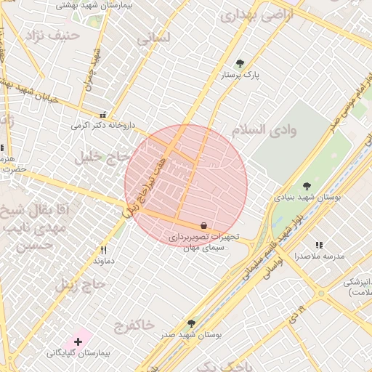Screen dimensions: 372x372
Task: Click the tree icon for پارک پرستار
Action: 240,63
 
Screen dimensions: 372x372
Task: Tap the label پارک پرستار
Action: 240,74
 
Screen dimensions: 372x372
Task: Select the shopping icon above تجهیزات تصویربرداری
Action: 203,226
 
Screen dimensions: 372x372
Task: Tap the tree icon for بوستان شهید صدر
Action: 191,323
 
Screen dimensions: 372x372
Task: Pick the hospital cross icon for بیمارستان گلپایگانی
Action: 78,341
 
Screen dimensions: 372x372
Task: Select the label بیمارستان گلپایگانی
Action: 78,352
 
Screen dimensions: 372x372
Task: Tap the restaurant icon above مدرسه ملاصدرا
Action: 319,246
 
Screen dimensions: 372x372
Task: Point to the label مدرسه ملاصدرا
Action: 319,256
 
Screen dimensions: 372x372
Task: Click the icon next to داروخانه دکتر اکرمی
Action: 102,115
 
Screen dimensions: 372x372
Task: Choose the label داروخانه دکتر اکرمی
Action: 102,125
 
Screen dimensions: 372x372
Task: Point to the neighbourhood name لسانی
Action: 153,39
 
